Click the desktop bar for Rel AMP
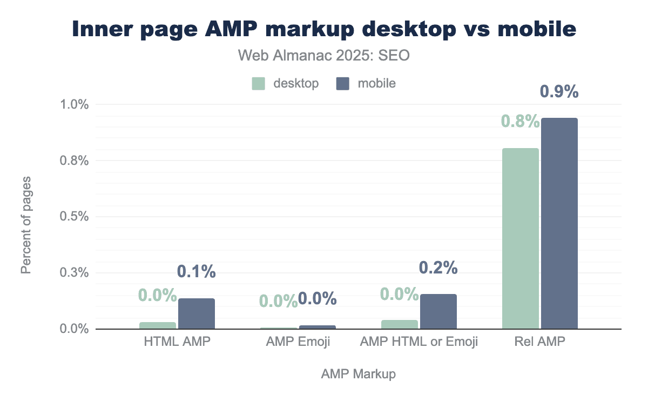[x=521, y=238]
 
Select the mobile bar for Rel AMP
[x=559, y=223]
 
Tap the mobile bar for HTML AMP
[x=197, y=313]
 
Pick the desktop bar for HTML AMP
[x=158, y=325]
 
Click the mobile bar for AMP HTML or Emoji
[x=438, y=311]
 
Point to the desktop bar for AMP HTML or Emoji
[x=400, y=324]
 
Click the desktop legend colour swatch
[x=259, y=83]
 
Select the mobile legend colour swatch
[x=343, y=83]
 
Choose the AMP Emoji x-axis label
[x=298, y=342]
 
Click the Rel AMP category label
[x=540, y=342]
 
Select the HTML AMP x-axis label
[x=177, y=342]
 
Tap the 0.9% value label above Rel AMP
[x=559, y=92]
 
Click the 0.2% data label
[x=438, y=268]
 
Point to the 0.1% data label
[x=197, y=272]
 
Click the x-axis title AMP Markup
[x=359, y=374]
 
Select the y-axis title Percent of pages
[x=26, y=224]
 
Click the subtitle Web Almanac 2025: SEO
[x=324, y=56]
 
